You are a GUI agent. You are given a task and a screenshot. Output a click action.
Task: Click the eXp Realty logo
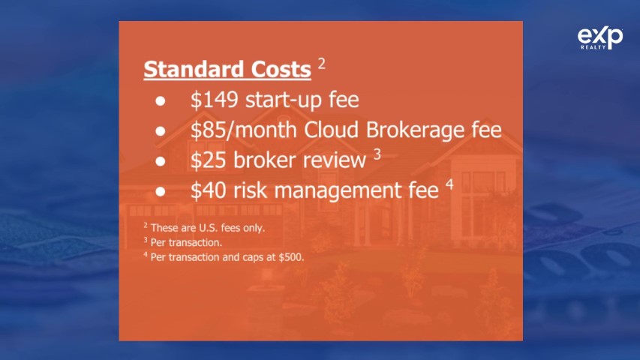click(x=600, y=37)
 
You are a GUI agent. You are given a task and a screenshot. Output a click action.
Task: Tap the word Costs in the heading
click(x=281, y=69)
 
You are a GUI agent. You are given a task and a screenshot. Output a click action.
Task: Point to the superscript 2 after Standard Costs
click(x=322, y=63)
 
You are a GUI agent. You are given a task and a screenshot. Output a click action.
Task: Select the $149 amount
click(x=215, y=100)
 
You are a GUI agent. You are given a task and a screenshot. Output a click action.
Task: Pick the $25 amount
click(x=208, y=160)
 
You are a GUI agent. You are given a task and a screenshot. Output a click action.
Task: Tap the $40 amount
click(x=208, y=190)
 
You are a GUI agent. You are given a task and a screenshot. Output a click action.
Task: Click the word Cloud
click(x=332, y=130)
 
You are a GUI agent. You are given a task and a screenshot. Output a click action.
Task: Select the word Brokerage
click(x=415, y=130)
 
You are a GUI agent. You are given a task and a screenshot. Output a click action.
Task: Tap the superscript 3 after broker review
click(x=377, y=154)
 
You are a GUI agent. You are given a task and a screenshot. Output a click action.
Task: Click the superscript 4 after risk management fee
click(x=449, y=184)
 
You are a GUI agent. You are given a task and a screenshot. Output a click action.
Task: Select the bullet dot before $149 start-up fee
click(x=161, y=100)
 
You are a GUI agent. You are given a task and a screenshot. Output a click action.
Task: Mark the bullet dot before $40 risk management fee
click(x=161, y=191)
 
